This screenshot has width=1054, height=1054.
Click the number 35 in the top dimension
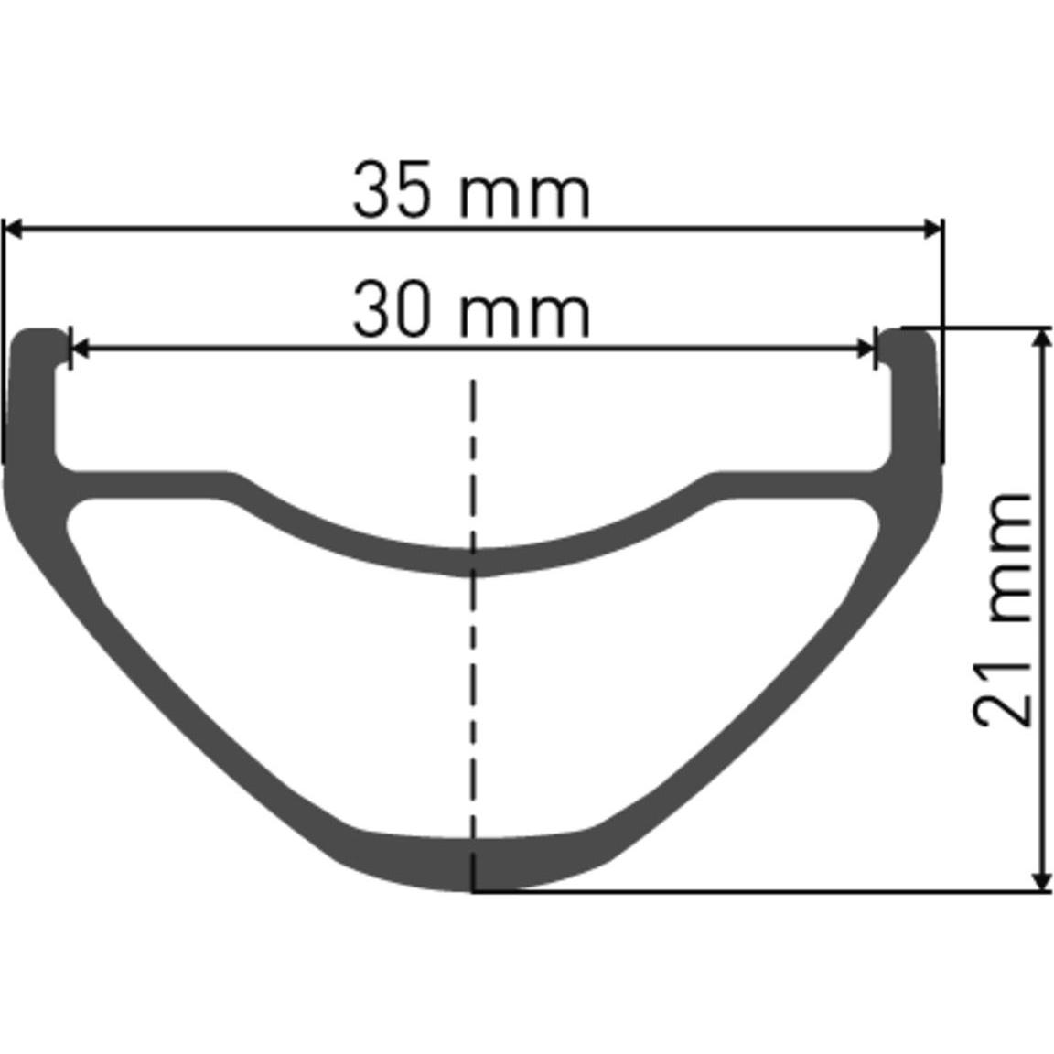(x=391, y=190)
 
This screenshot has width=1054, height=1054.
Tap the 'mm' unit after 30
(x=524, y=317)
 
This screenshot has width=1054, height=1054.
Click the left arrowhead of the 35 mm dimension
(x=13, y=229)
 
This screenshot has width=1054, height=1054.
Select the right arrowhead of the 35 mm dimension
(x=932, y=229)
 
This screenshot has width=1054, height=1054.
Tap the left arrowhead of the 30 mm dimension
(x=80, y=349)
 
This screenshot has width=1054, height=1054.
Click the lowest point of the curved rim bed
(x=473, y=562)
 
